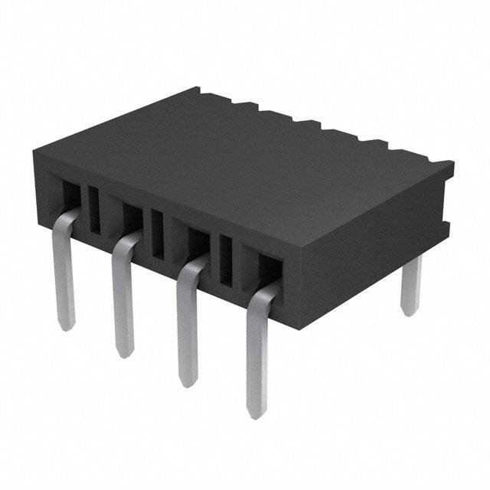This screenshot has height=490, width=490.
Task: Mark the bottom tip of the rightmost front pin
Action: point(257,413)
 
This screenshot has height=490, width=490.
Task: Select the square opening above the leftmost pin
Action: point(70,195)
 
